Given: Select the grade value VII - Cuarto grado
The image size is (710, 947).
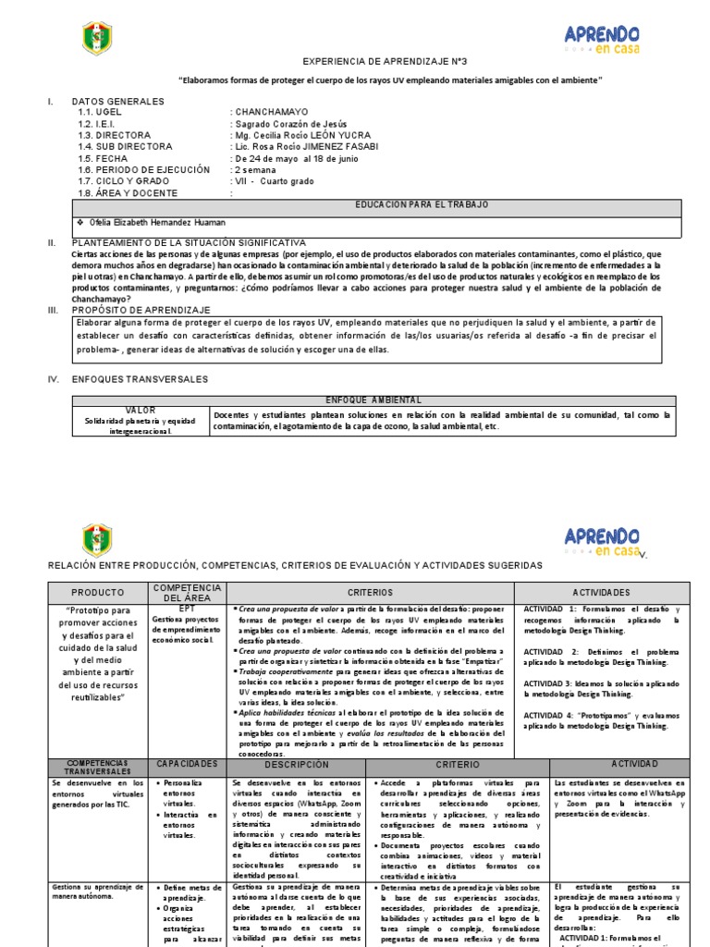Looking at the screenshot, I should [x=277, y=181].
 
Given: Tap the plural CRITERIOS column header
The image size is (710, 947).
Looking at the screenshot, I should [x=370, y=592].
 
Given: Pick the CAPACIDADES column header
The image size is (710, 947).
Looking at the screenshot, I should [x=187, y=764].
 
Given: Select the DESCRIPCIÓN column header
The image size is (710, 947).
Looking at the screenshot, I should [x=296, y=765].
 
